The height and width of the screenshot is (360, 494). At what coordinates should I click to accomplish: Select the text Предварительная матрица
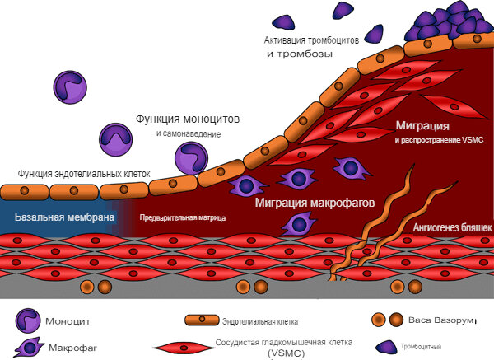[183, 218]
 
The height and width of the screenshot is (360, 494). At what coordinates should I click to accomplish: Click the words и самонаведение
[188, 133]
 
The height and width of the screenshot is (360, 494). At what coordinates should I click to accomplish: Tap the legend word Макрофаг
[73, 348]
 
